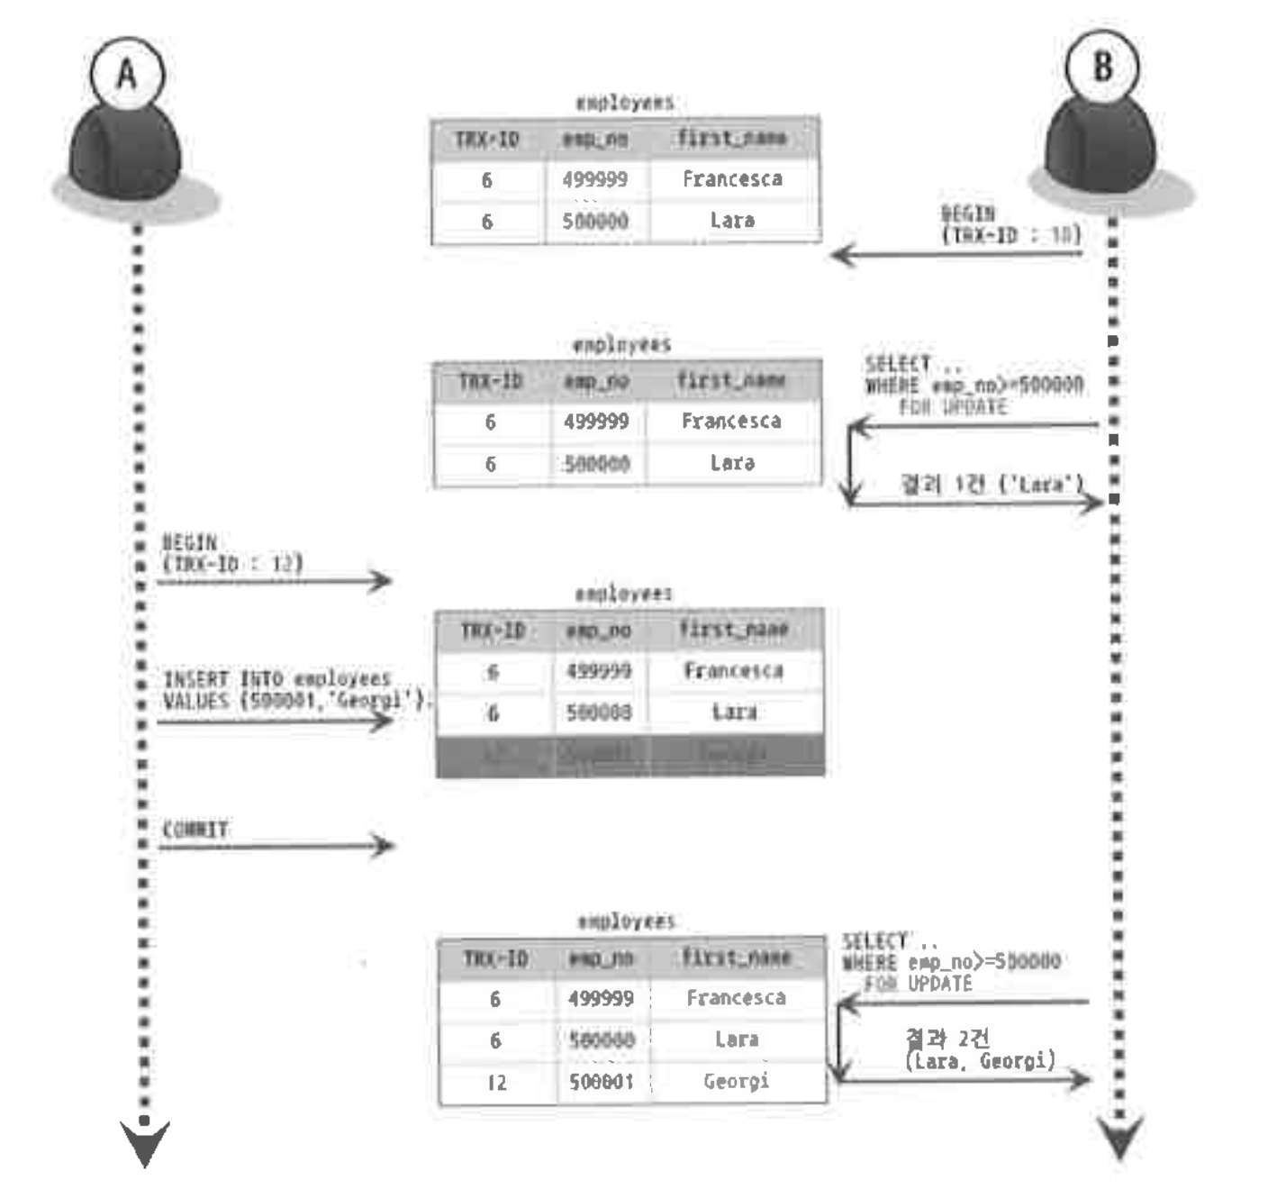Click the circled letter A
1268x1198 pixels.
[x=127, y=74]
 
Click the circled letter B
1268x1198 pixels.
[x=1101, y=67]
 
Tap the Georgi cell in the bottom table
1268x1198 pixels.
[x=736, y=1081]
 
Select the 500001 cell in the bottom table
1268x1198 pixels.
[x=601, y=1081]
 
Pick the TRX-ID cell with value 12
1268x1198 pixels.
[x=496, y=1082]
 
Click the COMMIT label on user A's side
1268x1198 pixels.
[x=195, y=829]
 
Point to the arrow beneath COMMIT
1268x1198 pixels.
[x=276, y=846]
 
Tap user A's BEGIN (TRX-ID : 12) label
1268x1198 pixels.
[x=231, y=553]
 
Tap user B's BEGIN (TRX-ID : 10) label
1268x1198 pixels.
[x=1009, y=224]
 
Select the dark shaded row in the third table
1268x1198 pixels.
[x=629, y=755]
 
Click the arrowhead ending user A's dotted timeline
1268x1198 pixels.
[x=144, y=1142]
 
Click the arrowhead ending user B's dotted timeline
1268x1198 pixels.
[x=1120, y=1138]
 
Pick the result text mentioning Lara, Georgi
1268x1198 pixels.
[x=979, y=1050]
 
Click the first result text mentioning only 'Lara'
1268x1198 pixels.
[x=992, y=485]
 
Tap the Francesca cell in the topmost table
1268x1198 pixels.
[x=732, y=179]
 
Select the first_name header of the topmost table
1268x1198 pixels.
[x=732, y=139]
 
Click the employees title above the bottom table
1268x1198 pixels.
[x=626, y=921]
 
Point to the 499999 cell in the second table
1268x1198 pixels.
[x=596, y=422]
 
